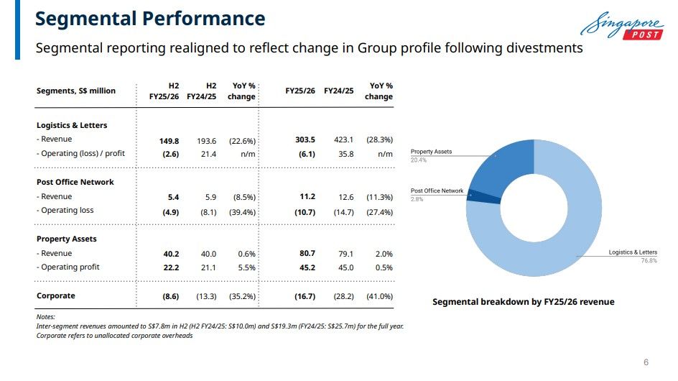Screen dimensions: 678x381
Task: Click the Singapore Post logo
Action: point(622,26)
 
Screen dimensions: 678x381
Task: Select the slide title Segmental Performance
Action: point(150,19)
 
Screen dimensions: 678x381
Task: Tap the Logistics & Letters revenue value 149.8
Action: point(169,141)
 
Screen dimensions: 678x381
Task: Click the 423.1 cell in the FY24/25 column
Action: point(343,140)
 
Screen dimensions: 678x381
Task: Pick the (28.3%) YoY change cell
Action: point(379,140)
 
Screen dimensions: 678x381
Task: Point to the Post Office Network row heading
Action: point(75,183)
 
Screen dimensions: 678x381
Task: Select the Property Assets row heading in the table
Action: point(67,239)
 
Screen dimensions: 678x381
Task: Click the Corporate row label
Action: point(56,295)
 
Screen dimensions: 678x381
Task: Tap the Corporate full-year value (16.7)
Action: point(305,297)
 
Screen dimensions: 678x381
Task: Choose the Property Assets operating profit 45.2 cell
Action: point(307,267)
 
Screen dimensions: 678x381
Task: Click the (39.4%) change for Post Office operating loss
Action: point(242,212)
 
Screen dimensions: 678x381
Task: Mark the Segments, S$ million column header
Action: point(76,91)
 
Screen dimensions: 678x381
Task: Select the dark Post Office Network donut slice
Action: point(484,196)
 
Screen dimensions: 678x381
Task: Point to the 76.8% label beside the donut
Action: point(649,261)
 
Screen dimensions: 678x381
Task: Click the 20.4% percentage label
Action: point(419,160)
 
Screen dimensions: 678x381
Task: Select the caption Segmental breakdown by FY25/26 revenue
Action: point(523,302)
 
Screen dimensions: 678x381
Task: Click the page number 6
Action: point(646,362)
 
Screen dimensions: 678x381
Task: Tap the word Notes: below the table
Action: point(45,317)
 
